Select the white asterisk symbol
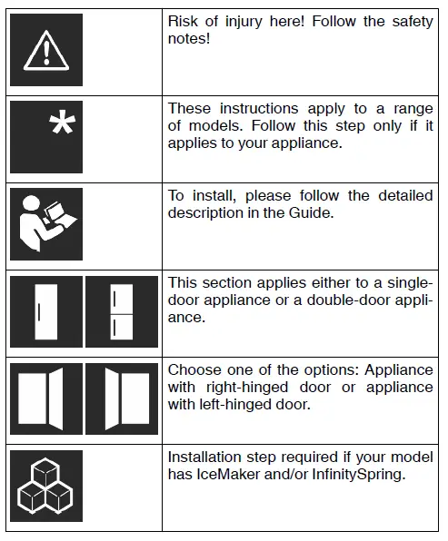coord(61,126)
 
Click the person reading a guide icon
coord(45,223)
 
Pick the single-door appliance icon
coord(45,311)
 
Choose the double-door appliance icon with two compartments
coord(120,311)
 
